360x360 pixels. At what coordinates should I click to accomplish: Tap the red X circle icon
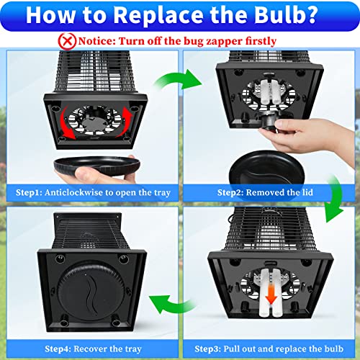(x=67, y=41)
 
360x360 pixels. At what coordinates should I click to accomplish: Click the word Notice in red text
(x=96, y=41)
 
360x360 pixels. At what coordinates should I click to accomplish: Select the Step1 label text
(x=93, y=192)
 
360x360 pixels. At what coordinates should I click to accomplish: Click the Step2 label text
(x=265, y=192)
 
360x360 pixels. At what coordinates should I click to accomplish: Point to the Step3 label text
(x=269, y=348)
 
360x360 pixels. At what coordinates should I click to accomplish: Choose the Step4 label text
(x=93, y=348)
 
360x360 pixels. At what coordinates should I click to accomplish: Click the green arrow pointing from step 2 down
(x=337, y=199)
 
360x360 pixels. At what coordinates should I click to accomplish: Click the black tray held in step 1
(x=97, y=166)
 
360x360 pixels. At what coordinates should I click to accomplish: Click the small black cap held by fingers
(x=269, y=122)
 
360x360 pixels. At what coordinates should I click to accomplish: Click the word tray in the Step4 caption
(x=132, y=349)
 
